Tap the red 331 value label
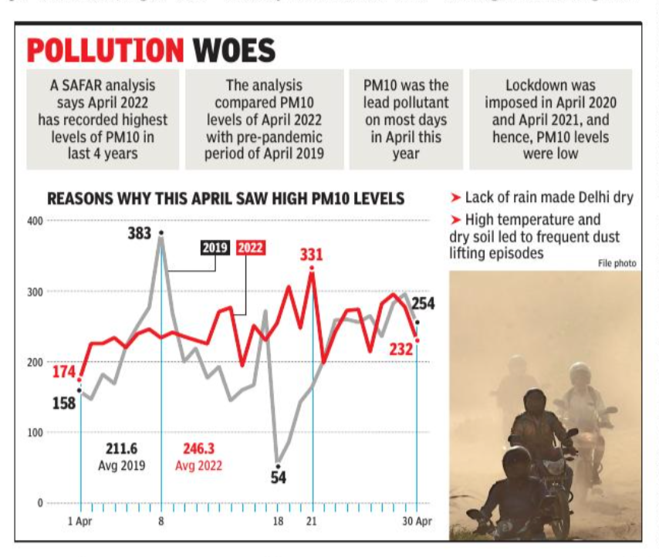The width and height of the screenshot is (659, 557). coord(311,255)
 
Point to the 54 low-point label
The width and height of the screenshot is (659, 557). coord(278,478)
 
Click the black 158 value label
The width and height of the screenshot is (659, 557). coord(63,402)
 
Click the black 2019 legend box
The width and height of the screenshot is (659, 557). coord(215,248)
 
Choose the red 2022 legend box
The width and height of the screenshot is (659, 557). coord(250,248)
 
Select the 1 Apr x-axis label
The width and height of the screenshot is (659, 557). coord(80,522)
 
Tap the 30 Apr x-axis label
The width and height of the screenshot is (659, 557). coord(417,522)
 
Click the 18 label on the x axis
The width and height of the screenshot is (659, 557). coord(278,522)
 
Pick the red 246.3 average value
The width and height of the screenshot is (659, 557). coord(199,448)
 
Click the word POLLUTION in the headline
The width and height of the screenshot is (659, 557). coord(106,51)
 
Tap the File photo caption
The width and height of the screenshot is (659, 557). coord(617,264)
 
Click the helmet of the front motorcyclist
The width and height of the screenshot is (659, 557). coord(517,461)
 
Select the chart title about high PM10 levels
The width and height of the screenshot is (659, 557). coord(225,199)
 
